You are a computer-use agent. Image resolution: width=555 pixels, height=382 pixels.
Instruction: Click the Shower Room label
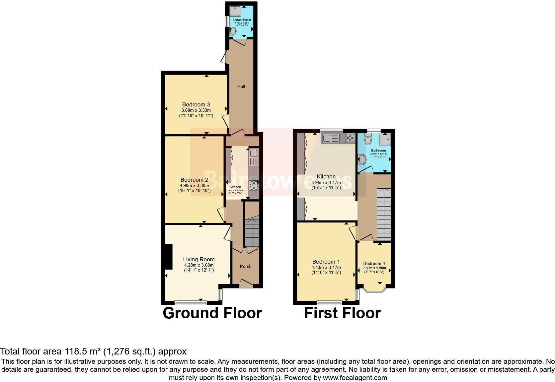pyautogui.click(x=242, y=20)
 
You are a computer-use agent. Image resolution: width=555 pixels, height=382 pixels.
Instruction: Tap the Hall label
pyautogui.click(x=241, y=87)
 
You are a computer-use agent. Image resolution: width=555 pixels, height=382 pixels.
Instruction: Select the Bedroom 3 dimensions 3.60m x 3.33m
pyautogui.click(x=196, y=110)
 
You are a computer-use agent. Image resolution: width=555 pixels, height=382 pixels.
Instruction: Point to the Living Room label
pyautogui.click(x=199, y=259)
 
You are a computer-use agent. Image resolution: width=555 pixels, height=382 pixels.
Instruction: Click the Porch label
pyautogui.click(x=246, y=266)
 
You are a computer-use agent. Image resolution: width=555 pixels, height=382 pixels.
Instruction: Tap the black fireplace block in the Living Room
pyautogui.click(x=169, y=257)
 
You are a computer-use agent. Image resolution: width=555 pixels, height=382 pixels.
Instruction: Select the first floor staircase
pyautogui.click(x=384, y=214)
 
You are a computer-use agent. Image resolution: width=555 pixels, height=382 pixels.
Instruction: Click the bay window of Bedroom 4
pyautogui.click(x=374, y=290)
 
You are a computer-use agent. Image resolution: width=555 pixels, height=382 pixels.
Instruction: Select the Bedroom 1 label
pyautogui.click(x=326, y=262)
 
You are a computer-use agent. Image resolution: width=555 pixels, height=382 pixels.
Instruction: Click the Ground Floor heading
pyautogui.click(x=212, y=313)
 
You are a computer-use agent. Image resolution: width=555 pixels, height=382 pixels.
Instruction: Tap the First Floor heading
pyautogui.click(x=342, y=313)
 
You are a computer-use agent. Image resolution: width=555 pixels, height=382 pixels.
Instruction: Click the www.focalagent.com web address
pyautogui.click(x=355, y=377)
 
